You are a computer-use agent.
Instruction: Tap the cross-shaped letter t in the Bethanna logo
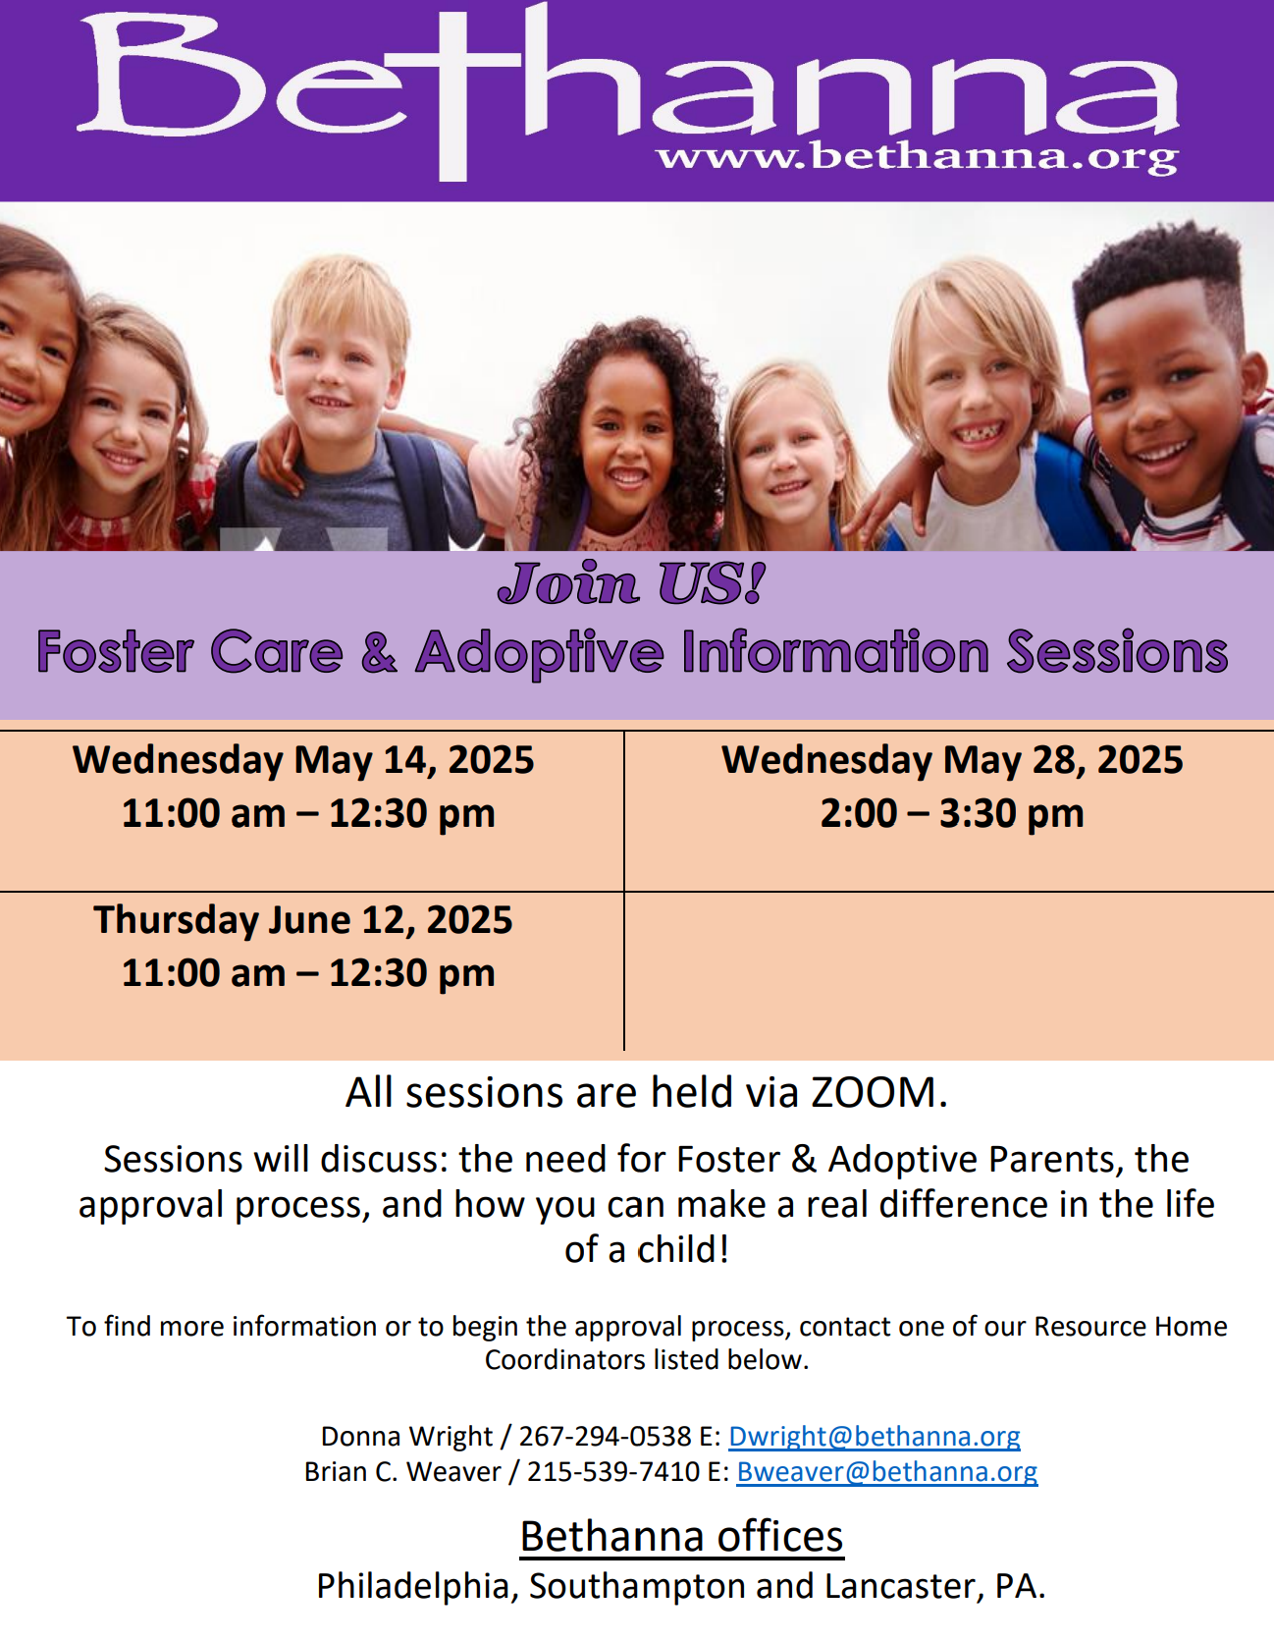pos(452,93)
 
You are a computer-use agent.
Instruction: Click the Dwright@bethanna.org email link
pos(875,1436)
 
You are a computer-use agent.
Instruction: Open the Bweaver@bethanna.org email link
pos(887,1471)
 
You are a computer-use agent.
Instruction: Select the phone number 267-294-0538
pos(606,1436)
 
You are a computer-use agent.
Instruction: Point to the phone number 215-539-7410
pos(613,1471)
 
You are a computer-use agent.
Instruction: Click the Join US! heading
pos(632,583)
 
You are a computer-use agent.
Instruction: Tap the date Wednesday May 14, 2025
pos(303,760)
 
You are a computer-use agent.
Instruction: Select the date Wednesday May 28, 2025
pos(952,760)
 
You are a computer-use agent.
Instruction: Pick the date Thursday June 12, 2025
pos(303,920)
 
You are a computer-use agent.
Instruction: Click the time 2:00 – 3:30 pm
pos(952,813)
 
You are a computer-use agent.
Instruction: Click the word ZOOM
pos(874,1092)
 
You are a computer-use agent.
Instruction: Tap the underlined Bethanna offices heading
pos(682,1536)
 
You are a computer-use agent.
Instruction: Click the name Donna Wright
pos(406,1436)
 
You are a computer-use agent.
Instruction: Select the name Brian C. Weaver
pos(402,1471)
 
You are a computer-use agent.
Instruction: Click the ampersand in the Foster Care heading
pos(379,652)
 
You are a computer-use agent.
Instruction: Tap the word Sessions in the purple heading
pos(1118,652)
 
